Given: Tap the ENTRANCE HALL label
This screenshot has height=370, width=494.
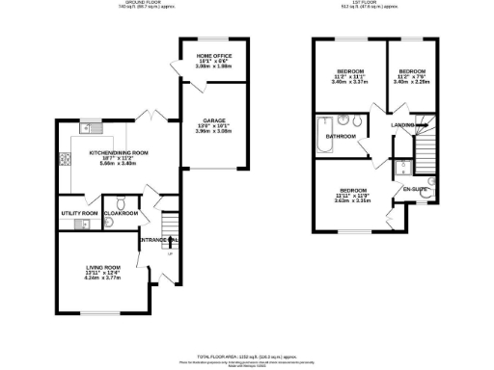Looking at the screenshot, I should tap(156, 239).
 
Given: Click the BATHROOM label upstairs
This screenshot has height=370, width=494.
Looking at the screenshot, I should tap(341, 137).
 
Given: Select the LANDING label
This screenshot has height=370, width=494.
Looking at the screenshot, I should tap(402, 125).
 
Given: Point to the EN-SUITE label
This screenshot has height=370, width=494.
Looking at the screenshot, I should tap(414, 190).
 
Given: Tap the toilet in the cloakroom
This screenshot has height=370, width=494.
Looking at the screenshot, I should tap(108, 224).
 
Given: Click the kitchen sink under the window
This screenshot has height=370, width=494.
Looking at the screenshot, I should tap(87, 129).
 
